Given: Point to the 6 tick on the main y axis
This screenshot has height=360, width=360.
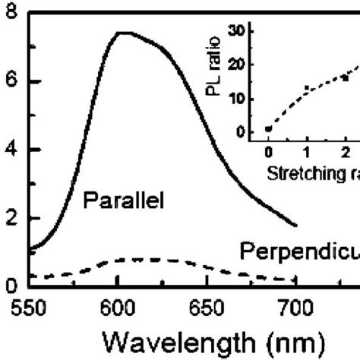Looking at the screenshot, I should coord(10,82).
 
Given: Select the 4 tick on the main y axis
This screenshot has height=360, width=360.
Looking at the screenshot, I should coord(10,150).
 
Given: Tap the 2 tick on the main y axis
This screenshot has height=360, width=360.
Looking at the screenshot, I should coord(10,219).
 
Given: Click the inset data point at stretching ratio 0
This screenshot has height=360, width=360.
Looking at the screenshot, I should coord(268,129).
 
